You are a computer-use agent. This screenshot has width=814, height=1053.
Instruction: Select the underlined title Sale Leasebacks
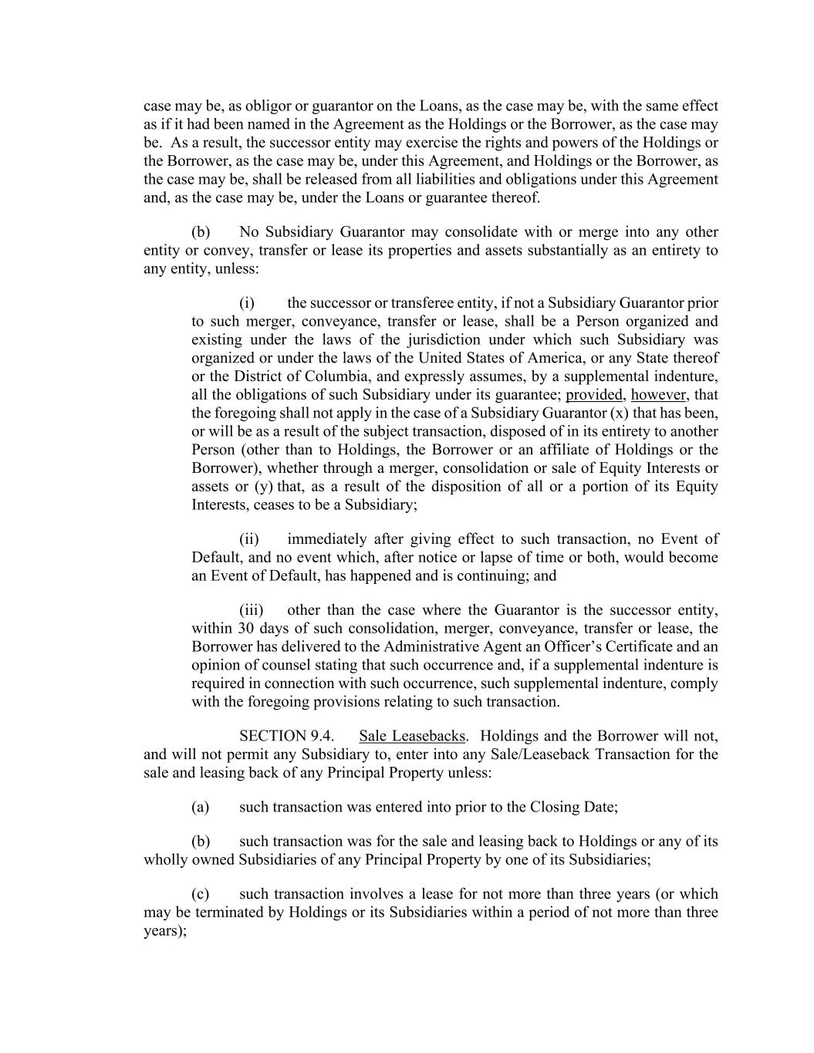tap(412, 736)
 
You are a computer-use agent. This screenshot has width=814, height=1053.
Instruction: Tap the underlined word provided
tap(593, 395)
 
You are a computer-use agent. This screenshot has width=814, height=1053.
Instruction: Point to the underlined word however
tap(658, 395)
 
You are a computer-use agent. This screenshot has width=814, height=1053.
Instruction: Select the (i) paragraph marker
tap(247, 303)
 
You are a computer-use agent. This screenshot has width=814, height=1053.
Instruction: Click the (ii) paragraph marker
tap(248, 539)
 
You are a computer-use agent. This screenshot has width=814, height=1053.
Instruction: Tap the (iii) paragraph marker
tap(251, 610)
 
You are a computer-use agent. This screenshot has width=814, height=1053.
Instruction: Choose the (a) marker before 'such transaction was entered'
tap(200, 807)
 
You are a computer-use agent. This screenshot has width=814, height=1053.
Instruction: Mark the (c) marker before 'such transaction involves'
tap(200, 894)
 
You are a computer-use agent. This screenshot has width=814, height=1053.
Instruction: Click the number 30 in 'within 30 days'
tap(245, 629)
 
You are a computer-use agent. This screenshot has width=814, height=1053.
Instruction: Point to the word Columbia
tap(316, 376)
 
